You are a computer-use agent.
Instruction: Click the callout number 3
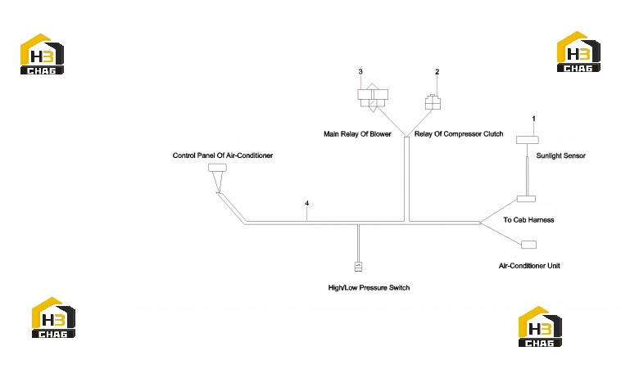tap(360, 71)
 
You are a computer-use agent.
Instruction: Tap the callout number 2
tap(437, 71)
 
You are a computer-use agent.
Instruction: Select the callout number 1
tap(534, 119)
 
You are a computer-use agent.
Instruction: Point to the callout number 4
tap(307, 203)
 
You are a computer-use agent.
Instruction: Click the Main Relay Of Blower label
tap(357, 134)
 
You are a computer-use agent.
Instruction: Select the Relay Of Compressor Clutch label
tap(459, 134)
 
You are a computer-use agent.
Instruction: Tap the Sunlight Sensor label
tap(561, 155)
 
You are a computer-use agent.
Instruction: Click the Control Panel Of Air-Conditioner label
tap(223, 155)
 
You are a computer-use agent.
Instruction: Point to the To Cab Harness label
tap(528, 220)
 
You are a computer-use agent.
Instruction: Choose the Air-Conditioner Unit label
tap(529, 266)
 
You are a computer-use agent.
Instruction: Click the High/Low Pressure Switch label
tap(369, 287)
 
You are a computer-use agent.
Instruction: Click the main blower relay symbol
tap(373, 97)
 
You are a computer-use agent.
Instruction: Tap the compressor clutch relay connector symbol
tap(433, 101)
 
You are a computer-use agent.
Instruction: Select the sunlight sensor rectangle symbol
tap(527, 140)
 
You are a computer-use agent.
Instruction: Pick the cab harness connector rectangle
tap(526, 199)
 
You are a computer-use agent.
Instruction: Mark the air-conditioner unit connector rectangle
tap(528, 245)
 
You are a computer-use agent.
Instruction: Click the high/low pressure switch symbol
tap(358, 267)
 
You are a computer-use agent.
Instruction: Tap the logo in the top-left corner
tap(42, 54)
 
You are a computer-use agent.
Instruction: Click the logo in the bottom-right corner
tap(540, 326)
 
